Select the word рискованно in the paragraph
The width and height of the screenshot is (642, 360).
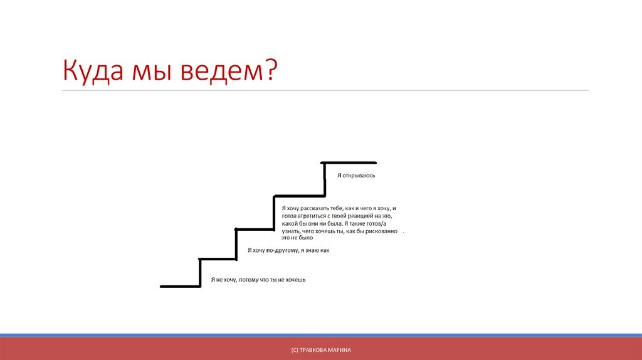tap(384, 231)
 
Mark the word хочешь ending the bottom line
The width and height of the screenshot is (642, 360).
tap(295, 280)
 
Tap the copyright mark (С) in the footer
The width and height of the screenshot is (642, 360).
tap(286, 349)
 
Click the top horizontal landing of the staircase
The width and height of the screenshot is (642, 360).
tap(349, 162)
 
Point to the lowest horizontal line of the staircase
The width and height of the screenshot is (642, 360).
tap(180, 287)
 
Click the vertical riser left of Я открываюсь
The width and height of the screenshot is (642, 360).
tap(324, 179)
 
